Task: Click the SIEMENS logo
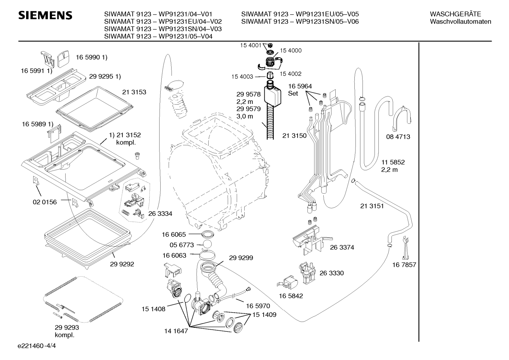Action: click(45, 16)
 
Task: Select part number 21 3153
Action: click(134, 92)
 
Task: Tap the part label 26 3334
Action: click(160, 213)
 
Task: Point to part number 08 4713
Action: click(398, 137)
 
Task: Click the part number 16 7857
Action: click(404, 265)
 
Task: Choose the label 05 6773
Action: click(181, 245)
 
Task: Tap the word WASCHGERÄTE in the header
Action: click(455, 14)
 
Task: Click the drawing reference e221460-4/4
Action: click(37, 346)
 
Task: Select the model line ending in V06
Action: click(300, 22)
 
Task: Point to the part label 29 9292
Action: click(122, 264)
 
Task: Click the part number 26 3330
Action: click(331, 273)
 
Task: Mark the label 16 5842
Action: click(291, 296)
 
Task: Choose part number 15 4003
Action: click(242, 77)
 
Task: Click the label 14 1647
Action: click(176, 331)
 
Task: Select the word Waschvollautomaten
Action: click(461, 22)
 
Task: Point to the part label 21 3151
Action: click(372, 206)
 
